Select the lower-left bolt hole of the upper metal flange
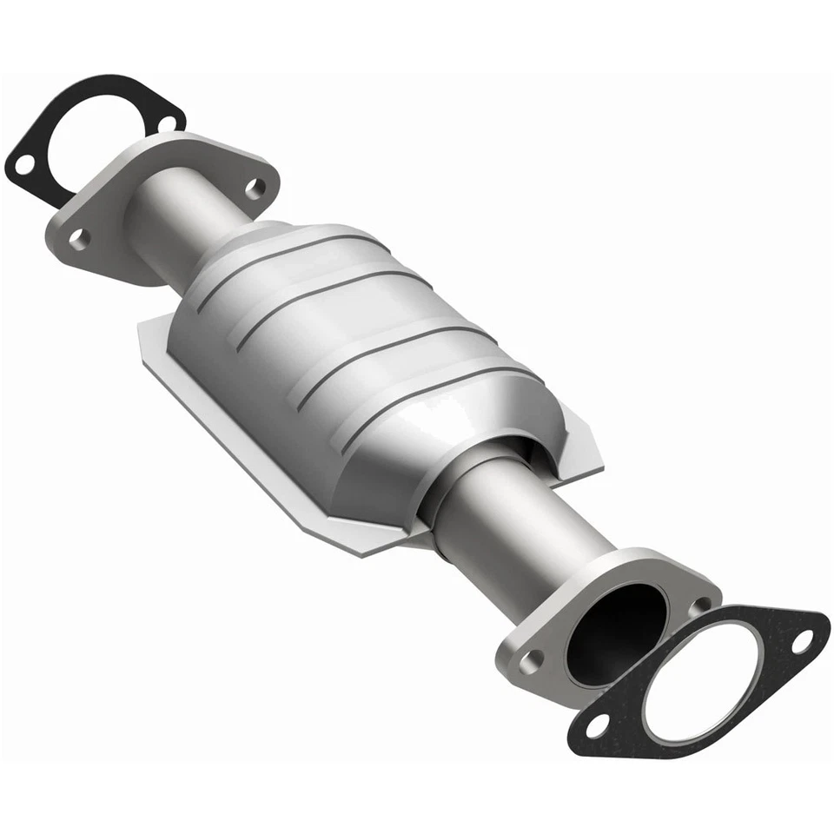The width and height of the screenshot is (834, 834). pyautogui.click(x=79, y=237)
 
